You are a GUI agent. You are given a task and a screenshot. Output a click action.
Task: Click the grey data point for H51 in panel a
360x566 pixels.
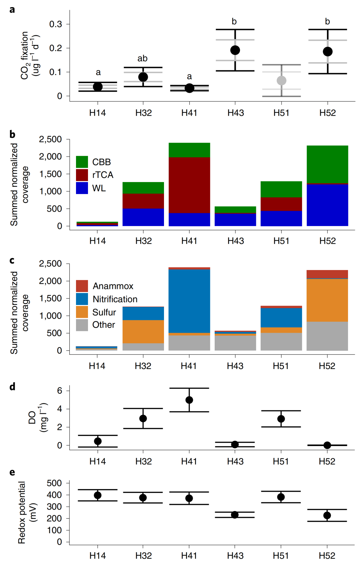[x=282, y=81]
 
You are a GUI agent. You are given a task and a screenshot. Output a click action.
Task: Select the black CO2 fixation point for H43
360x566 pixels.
[x=235, y=50]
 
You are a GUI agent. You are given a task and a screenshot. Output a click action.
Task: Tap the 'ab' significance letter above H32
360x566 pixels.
[x=142, y=59]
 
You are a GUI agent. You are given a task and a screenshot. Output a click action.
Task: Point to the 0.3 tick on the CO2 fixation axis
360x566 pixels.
[x=56, y=24]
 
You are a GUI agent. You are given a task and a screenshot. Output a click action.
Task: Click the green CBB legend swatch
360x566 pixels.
[x=82, y=162]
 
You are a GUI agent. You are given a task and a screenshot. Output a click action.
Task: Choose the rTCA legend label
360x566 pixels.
[x=103, y=175]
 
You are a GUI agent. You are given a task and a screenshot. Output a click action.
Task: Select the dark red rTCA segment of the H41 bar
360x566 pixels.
[x=189, y=185]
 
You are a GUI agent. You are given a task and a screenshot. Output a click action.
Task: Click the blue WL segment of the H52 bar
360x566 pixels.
[x=327, y=205]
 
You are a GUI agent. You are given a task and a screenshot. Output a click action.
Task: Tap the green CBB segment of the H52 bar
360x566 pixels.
[x=327, y=164]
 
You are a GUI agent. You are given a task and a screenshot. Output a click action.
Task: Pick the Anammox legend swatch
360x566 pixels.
[x=82, y=286]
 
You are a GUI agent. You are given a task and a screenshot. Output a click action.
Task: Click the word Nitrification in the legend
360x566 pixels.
[x=115, y=299]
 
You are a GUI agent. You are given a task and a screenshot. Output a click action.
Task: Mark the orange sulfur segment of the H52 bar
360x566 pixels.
[x=327, y=300]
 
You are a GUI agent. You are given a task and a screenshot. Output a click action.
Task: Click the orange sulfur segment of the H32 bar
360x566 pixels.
[x=143, y=332]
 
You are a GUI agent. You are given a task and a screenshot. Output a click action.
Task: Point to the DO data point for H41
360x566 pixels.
[x=189, y=400]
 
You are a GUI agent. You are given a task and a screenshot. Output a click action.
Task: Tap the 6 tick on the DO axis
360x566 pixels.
[x=60, y=391]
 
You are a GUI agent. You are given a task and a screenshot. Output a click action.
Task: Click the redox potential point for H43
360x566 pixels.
[x=235, y=515]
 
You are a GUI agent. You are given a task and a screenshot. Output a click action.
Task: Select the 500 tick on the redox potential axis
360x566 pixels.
[x=55, y=483]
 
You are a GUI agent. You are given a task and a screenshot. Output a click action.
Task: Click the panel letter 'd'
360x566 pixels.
[x=12, y=387]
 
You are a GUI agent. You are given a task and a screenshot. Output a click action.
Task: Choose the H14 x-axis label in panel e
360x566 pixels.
[x=97, y=556]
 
